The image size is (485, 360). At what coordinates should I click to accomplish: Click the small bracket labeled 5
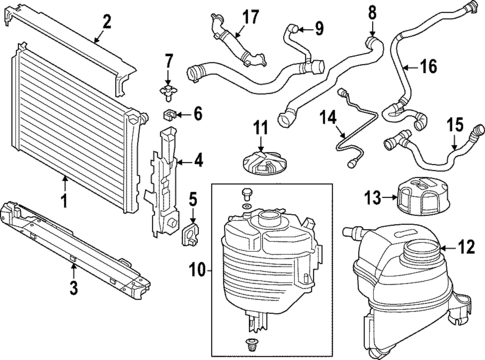tap(188, 233)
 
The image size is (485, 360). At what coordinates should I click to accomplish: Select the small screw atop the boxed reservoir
tap(247, 190)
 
